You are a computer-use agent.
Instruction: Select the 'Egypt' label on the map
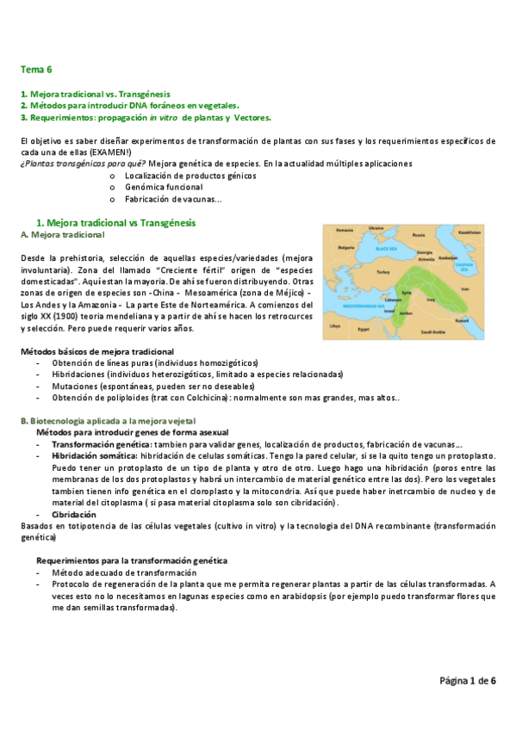[x=363, y=328]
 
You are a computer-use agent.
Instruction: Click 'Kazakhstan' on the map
[x=469, y=232]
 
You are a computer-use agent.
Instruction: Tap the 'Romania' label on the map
[x=345, y=230]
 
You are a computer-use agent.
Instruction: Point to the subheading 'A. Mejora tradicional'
[x=62, y=235]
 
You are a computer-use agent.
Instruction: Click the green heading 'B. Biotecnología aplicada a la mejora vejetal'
[x=117, y=420]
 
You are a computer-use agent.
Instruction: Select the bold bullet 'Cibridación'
[x=73, y=513]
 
